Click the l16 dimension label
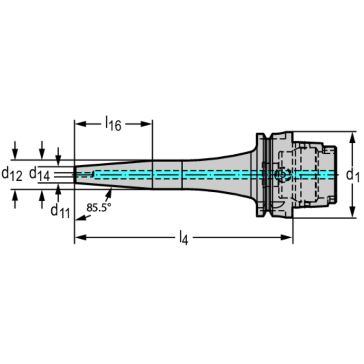113,123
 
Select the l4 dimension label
183,237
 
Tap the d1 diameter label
353,175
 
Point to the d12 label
12,174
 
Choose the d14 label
39,174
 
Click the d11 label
60,211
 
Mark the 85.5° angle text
99,207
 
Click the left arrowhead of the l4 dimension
80,237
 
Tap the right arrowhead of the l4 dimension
287,237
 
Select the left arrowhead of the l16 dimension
80,124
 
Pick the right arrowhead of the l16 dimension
146,124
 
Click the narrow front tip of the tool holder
75,175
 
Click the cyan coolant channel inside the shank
209,175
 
